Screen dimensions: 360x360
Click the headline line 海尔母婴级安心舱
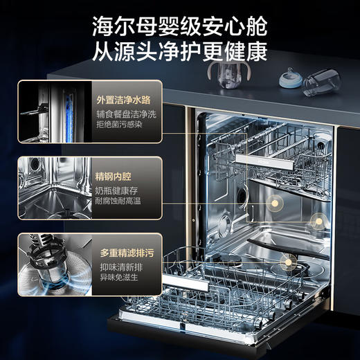point(179,26)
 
